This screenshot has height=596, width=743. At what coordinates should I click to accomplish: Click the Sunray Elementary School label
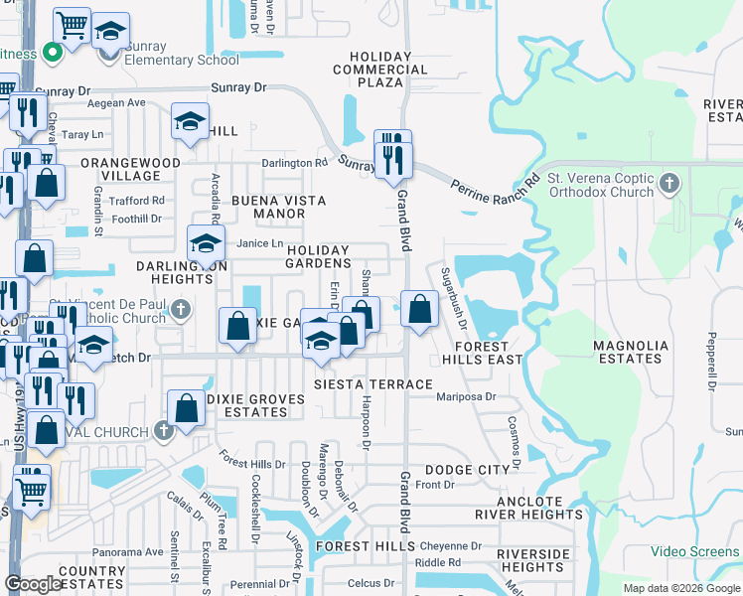[x=183, y=60]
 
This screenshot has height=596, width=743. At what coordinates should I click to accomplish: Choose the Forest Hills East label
[x=482, y=353]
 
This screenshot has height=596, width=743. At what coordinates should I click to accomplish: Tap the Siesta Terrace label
[x=372, y=384]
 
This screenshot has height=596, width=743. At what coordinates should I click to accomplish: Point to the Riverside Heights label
[x=533, y=560]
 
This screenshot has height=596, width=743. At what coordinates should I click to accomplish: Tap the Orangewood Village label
[x=130, y=169]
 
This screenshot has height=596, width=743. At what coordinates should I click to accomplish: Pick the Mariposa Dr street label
[x=466, y=396]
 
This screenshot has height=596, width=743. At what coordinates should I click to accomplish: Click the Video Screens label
[x=695, y=551]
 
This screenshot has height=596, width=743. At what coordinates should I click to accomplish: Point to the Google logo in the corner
[x=34, y=584]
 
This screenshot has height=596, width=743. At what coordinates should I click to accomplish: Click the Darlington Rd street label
[x=294, y=163]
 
